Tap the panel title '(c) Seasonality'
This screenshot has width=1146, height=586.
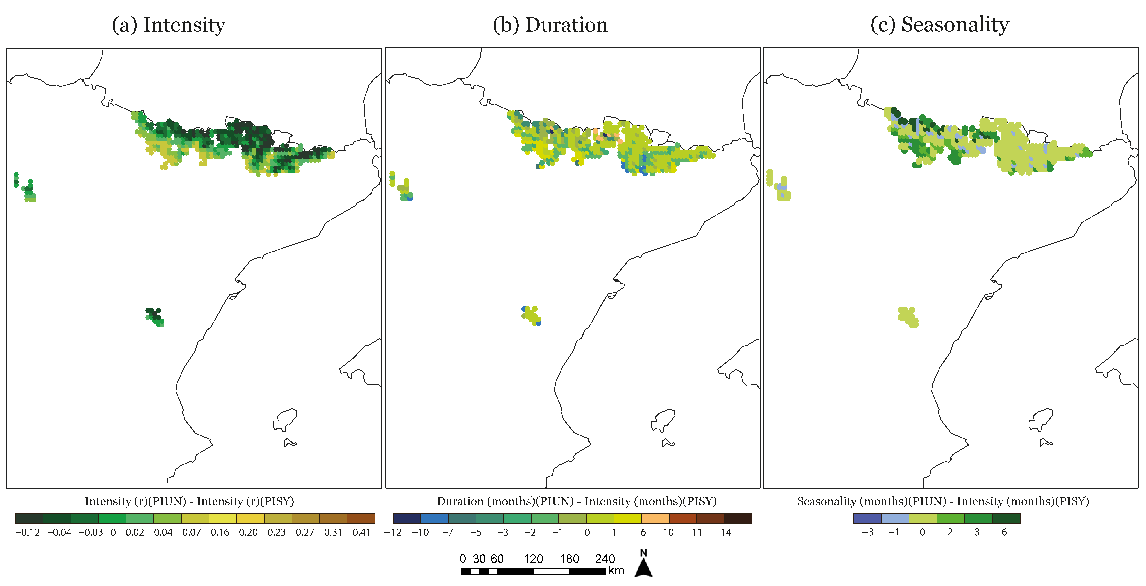(x=940, y=25)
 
